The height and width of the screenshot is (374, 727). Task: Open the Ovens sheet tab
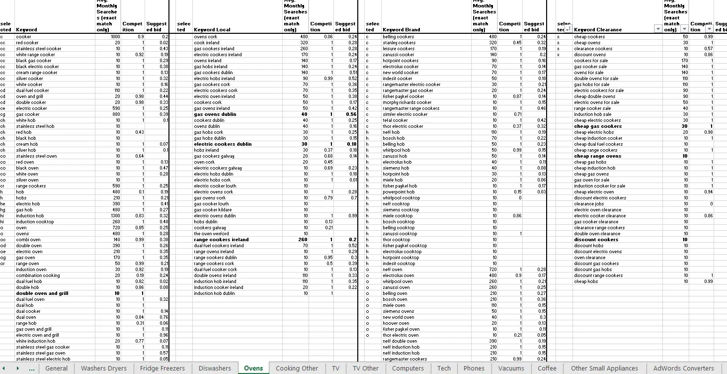pyautogui.click(x=253, y=369)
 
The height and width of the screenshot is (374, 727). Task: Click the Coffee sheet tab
pyautogui.click(x=547, y=369)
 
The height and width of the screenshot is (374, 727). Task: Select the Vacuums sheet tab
pyautogui.click(x=511, y=369)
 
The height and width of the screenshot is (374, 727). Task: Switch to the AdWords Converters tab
pyautogui.click(x=683, y=369)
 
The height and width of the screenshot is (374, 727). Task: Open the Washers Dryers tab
pyautogui.click(x=103, y=369)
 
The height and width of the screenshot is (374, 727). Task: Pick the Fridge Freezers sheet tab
pyautogui.click(x=162, y=369)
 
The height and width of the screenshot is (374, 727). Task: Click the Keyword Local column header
pyautogui.click(x=212, y=30)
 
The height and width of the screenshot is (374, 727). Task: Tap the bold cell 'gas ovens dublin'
pyautogui.click(x=215, y=114)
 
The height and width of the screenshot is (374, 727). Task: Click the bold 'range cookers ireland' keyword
pyautogui.click(x=221, y=240)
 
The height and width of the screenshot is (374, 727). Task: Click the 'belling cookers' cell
pyautogui.click(x=398, y=37)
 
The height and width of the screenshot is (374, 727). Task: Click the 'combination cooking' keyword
pyautogui.click(x=38, y=276)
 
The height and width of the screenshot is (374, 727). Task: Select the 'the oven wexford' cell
pyautogui.click(x=211, y=234)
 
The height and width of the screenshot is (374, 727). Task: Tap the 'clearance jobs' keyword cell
pyautogui.click(x=589, y=204)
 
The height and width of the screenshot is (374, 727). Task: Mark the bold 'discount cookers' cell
pyautogui.click(x=596, y=240)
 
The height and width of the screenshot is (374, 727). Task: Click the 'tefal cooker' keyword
pyautogui.click(x=395, y=120)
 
